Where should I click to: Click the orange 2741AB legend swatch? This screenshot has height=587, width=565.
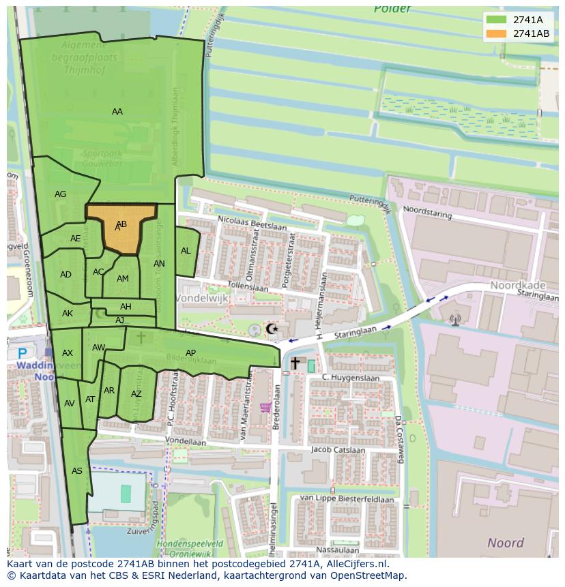coord(497,33)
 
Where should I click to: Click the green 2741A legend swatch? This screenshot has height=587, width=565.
coord(497,20)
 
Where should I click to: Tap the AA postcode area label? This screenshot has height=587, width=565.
coord(117,112)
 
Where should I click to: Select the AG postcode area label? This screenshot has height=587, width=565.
coord(61,194)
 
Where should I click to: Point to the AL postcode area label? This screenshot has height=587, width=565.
coord(186,251)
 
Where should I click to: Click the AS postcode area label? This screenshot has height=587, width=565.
coord(77,471)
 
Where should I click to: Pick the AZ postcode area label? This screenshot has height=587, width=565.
coord(136,394)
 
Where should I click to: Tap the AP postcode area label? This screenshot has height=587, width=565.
coord(191,352)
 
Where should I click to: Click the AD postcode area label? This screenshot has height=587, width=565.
coord(66,275)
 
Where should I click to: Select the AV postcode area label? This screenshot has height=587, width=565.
coord(69,404)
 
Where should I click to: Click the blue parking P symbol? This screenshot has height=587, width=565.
coord(23,354)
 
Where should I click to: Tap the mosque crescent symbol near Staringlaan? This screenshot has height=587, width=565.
coord(272,329)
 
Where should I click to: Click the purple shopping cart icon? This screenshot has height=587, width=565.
coord(265,408)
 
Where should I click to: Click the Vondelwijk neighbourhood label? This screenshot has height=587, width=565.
coord(202,299)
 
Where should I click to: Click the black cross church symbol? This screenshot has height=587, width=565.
coord(295,363)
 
